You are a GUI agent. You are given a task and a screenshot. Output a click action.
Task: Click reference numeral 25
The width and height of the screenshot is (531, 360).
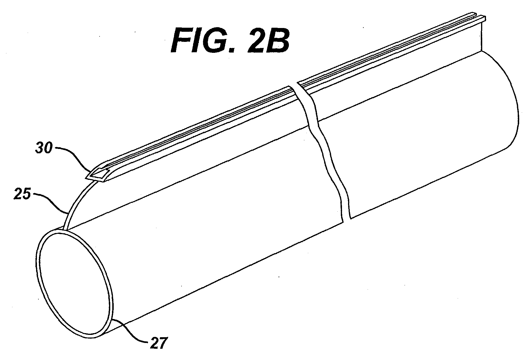pos(22,194)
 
